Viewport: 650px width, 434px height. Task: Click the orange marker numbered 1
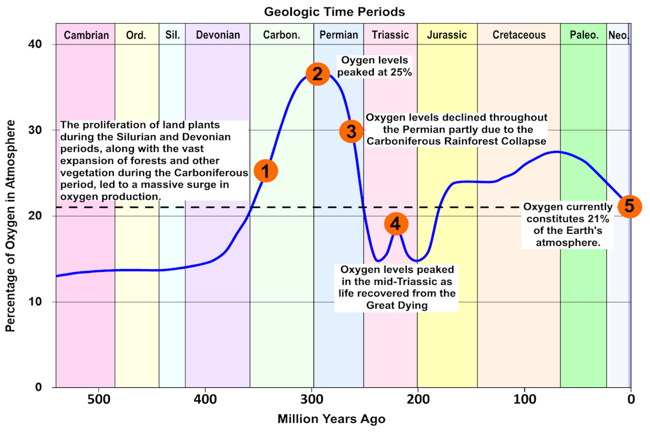pos(265,171)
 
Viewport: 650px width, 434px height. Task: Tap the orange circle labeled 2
pos(317,74)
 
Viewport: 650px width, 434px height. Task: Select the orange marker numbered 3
pos(351,131)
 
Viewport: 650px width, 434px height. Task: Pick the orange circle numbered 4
pos(396,224)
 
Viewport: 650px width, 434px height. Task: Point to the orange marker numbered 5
pos(629,206)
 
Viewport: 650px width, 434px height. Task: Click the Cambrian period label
pos(87,35)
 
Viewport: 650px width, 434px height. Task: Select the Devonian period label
pos(218,35)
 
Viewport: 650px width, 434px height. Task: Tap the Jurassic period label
pos(447,35)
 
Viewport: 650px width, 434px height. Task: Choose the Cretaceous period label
pos(519,35)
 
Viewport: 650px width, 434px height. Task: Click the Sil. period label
pos(172,35)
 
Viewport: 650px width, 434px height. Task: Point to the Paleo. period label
pos(584,35)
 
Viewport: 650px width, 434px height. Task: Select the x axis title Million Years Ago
pos(331,419)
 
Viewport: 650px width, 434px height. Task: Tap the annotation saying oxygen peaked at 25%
pos(375,66)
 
